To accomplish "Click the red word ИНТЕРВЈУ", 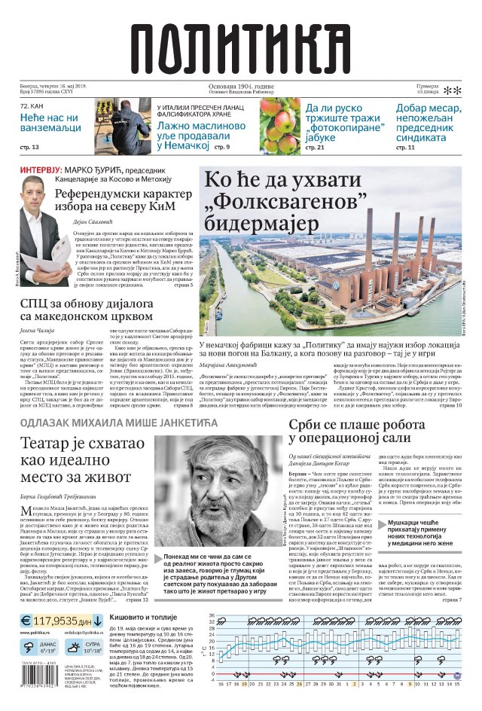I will (36, 170).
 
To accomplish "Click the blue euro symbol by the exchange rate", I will (26, 622).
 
